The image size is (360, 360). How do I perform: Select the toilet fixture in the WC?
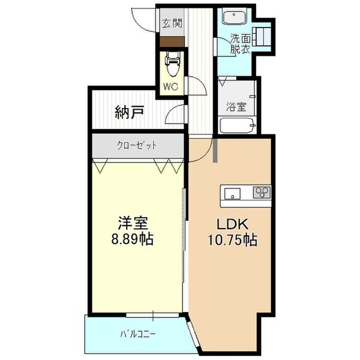(x=173, y=64)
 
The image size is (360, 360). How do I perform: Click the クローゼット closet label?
(x=137, y=145)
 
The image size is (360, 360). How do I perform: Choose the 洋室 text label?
(x=133, y=223)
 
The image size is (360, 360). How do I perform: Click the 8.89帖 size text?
(x=133, y=240)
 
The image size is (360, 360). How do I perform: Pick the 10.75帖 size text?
(x=232, y=240)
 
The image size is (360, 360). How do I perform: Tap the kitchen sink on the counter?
(x=232, y=193)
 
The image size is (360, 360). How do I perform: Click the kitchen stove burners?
(x=262, y=193)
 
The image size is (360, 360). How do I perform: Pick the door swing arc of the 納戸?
(x=175, y=115)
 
